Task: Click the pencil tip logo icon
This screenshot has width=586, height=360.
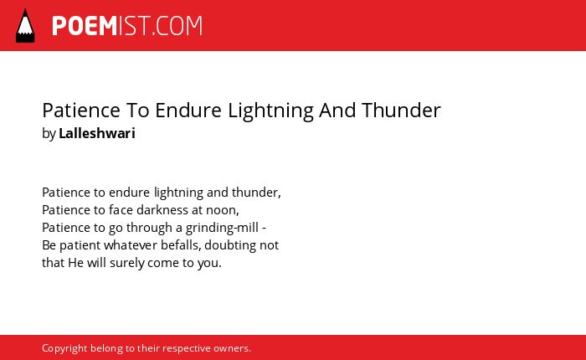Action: pyautogui.click(x=25, y=26)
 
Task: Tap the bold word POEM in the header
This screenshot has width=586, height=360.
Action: pyautogui.click(x=85, y=26)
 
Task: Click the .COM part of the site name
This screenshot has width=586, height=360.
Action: pyautogui.click(x=177, y=26)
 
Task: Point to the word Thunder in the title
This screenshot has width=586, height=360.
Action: pyautogui.click(x=401, y=111)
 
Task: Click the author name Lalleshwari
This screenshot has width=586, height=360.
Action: pyautogui.click(x=97, y=133)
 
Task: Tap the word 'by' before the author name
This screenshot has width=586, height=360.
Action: pyautogui.click(x=49, y=134)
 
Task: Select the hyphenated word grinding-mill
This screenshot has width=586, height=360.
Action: pyautogui.click(x=222, y=228)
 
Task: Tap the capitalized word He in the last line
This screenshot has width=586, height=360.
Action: pyautogui.click(x=75, y=263)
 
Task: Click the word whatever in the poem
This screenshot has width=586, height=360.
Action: pyautogui.click(x=131, y=245)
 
